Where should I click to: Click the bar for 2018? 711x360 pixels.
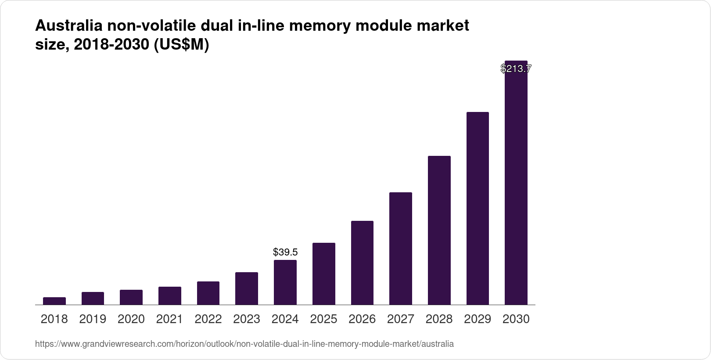click(x=54, y=301)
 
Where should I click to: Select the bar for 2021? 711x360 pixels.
click(x=170, y=295)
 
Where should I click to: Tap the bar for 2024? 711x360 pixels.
click(x=285, y=282)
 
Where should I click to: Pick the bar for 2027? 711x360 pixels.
click(x=401, y=248)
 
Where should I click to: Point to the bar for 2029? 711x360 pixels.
click(x=478, y=209)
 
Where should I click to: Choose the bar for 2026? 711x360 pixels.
click(x=362, y=263)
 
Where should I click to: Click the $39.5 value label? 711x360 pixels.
click(x=285, y=252)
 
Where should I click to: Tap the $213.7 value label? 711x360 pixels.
click(x=516, y=68)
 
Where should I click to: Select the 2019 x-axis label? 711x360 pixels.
click(x=93, y=319)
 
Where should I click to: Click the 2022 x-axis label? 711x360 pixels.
click(x=208, y=319)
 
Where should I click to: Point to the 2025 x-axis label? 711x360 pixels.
click(x=323, y=319)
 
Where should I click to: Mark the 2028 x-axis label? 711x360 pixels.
click(x=439, y=319)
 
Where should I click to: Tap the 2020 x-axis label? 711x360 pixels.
click(x=131, y=319)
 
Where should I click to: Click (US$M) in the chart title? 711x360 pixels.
click(x=181, y=45)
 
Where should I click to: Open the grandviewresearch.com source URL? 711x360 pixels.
click(x=244, y=344)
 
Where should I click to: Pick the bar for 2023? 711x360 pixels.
click(x=247, y=288)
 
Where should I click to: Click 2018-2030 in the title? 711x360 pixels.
click(x=112, y=45)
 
